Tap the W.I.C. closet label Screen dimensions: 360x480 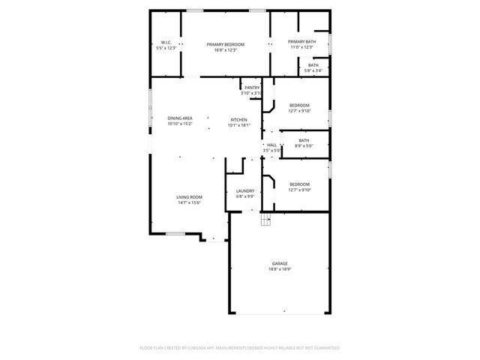tap(166, 42)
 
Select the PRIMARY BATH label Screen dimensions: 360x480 tap(301, 42)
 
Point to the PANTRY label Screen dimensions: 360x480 tap(252, 88)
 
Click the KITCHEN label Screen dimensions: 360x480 tap(238, 120)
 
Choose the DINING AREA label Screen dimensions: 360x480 tap(180, 118)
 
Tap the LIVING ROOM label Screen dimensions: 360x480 tap(190, 197)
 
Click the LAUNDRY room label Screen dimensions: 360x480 tap(245, 191)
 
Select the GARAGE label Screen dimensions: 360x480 tap(280, 263)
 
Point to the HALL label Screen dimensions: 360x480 tap(271, 145)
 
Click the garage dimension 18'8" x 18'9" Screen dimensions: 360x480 tap(280, 268)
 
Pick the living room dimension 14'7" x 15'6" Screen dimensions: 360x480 tap(190, 202)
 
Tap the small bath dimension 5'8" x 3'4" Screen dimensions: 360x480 tap(313, 71)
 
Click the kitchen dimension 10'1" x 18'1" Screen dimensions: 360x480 tap(238, 125)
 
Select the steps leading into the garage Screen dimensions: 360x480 tap(265, 219)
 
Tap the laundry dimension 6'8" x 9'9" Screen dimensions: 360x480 tap(245, 196)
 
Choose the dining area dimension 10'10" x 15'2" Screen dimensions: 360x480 tap(180, 124)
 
